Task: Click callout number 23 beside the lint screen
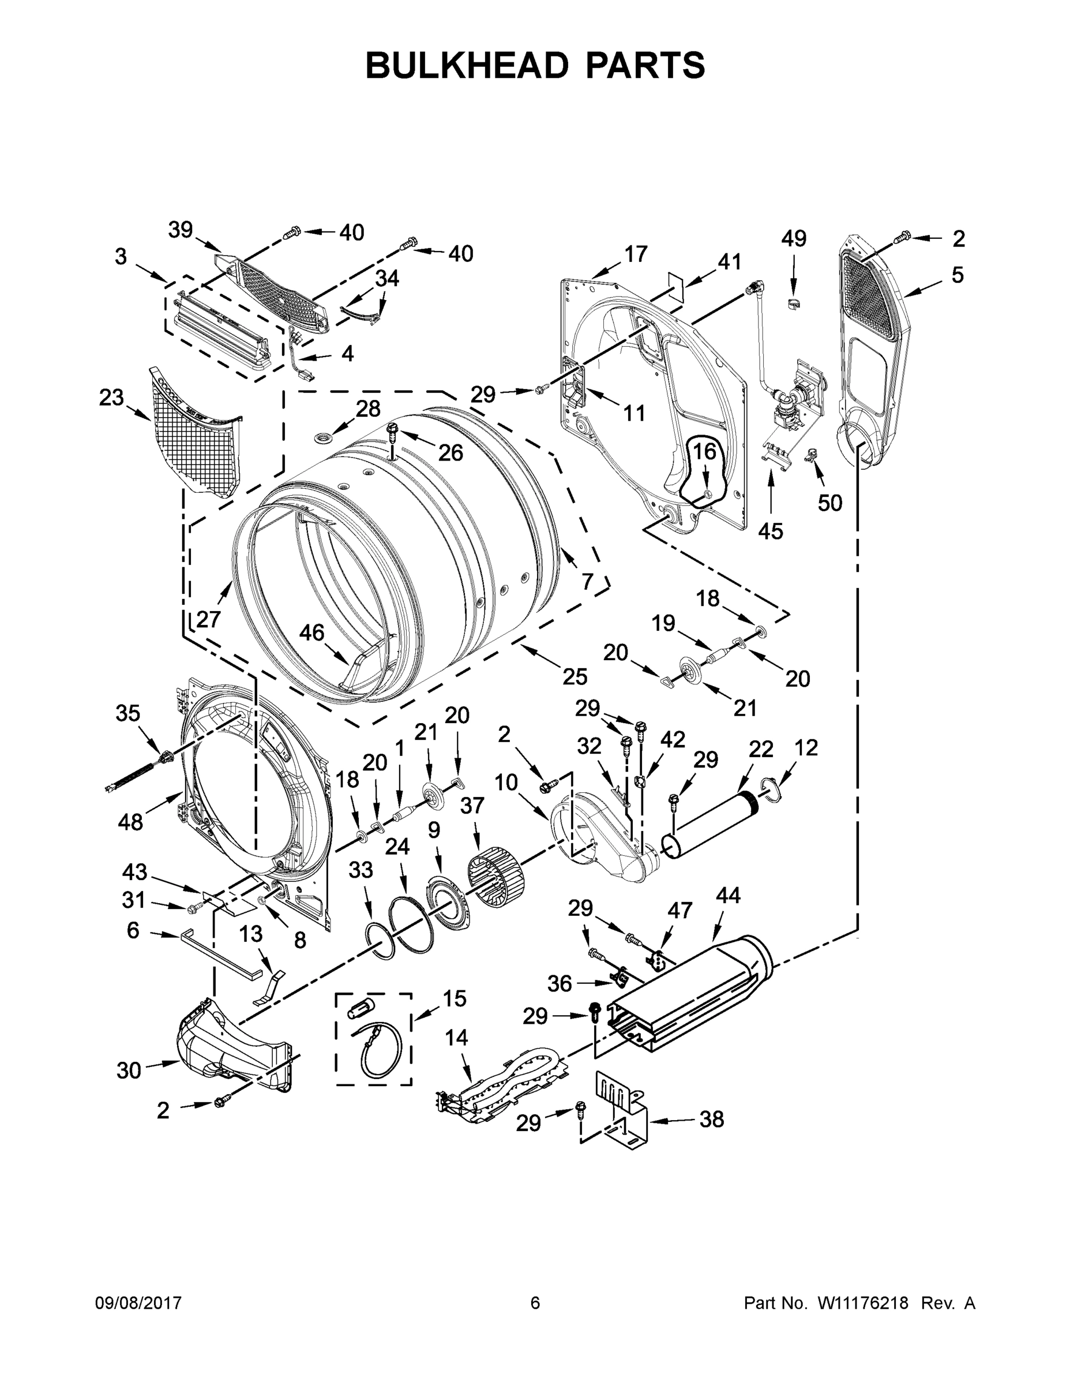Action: pos(111,398)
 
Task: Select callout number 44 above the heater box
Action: pos(729,896)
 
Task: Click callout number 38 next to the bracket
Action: pos(711,1120)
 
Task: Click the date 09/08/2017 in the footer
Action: pos(138,1302)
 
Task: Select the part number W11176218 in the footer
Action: pos(863,1302)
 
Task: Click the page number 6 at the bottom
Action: pos(535,1302)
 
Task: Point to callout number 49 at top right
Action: pos(793,238)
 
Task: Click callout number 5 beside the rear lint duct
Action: pos(957,275)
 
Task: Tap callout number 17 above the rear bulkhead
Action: pos(636,254)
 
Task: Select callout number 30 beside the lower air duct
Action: pos(129,1070)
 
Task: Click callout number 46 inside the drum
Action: pos(311,632)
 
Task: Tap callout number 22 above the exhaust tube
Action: pos(761,749)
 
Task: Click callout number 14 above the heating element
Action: pos(456,1038)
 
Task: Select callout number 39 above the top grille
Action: pos(180,230)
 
